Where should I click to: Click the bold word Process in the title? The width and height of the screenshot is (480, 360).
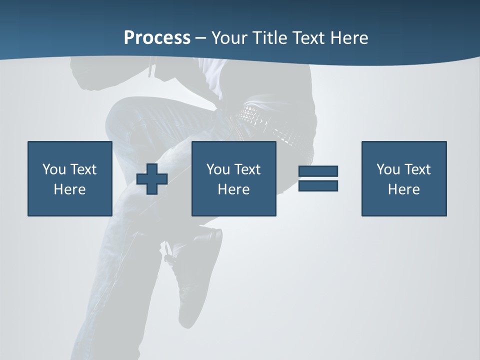[x=157, y=38]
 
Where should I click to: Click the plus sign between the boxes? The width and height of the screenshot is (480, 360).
[x=152, y=179]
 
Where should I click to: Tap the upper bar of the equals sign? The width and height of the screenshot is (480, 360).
[x=318, y=171]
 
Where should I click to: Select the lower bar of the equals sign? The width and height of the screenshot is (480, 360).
[x=318, y=186]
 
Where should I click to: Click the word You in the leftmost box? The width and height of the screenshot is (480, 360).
[x=54, y=169]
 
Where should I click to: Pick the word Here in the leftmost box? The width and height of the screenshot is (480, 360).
[x=69, y=189]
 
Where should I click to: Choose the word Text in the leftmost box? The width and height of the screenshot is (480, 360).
[x=82, y=169]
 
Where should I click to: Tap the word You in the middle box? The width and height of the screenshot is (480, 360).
[x=218, y=169]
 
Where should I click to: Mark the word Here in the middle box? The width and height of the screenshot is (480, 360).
[x=233, y=189]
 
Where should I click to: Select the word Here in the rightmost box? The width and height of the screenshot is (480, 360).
[x=403, y=189]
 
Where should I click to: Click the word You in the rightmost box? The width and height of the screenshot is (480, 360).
[x=388, y=169]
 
